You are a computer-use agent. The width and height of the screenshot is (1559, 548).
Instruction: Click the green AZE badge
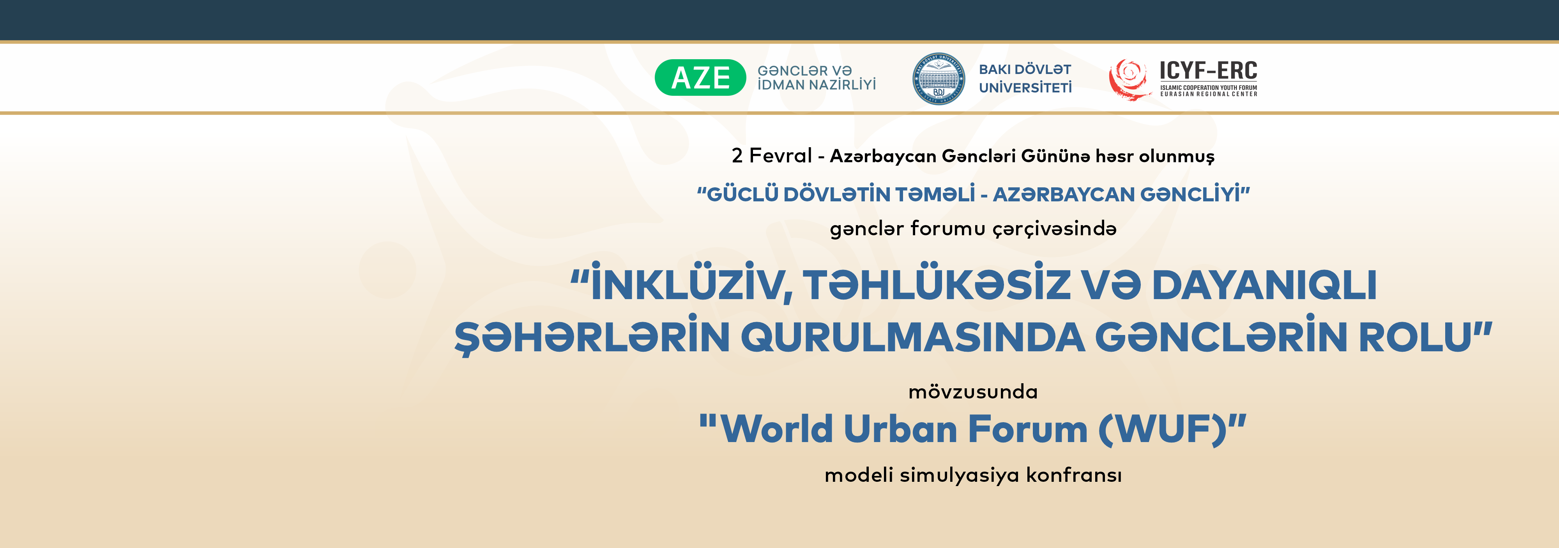click(x=700, y=78)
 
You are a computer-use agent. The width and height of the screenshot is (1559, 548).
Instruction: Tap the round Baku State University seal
click(x=938, y=79)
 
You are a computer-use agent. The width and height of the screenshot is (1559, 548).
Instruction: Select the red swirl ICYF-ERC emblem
click(x=1129, y=79)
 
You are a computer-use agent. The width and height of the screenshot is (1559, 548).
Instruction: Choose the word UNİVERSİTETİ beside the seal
click(x=1025, y=88)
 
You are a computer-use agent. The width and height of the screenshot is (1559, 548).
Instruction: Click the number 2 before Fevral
click(x=737, y=155)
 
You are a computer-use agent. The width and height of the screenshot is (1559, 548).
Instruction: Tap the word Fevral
click(x=781, y=155)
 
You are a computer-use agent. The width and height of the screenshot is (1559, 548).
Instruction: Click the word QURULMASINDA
click(x=912, y=337)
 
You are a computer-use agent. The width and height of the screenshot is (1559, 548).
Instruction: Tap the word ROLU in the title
click(x=1415, y=337)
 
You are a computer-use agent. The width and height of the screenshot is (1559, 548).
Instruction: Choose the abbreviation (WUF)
click(x=1162, y=430)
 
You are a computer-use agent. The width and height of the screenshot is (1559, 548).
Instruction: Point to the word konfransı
click(x=1074, y=475)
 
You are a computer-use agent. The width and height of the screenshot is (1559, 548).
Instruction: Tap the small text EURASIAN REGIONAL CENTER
click(x=1209, y=94)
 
